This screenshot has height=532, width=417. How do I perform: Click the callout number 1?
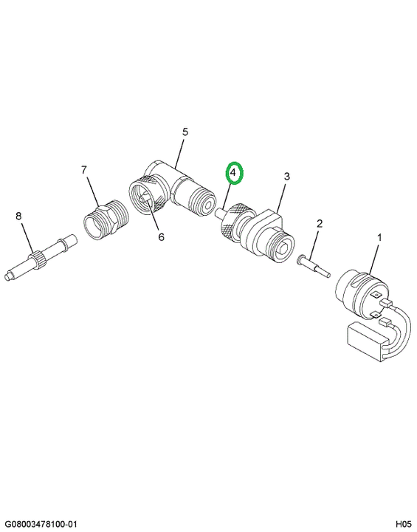[x=379, y=237]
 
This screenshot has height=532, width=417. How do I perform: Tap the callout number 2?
[x=320, y=224]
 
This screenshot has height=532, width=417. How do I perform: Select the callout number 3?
[x=287, y=177]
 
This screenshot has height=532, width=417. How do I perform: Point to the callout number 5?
[x=185, y=132]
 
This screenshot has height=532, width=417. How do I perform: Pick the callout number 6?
[x=161, y=237]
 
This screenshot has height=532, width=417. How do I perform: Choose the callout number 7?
[x=84, y=170]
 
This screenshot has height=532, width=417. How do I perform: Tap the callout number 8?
[x=18, y=216]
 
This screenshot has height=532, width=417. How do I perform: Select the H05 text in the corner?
[x=403, y=524]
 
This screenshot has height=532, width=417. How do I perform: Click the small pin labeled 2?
[x=313, y=267]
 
